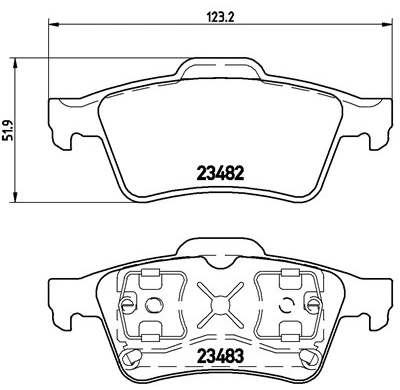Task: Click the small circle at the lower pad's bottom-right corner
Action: [313, 357]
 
